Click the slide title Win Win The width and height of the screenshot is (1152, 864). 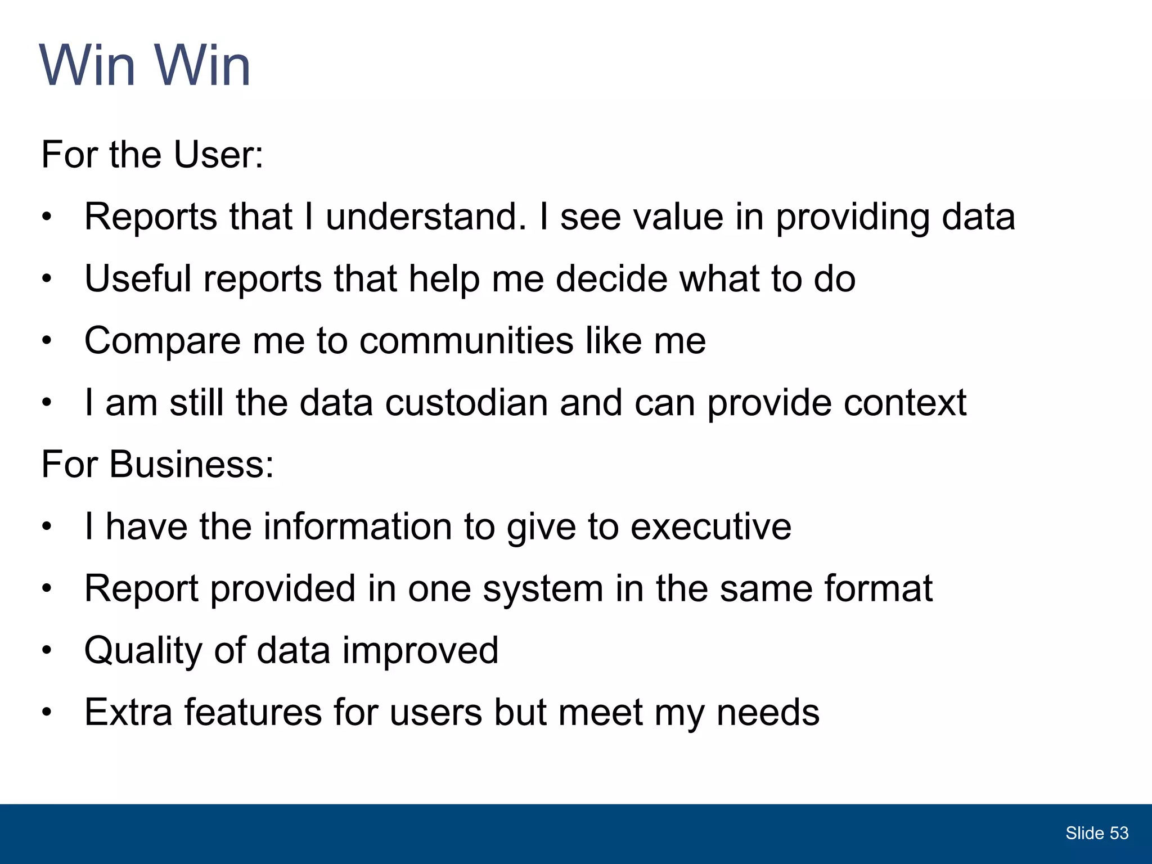(x=145, y=66)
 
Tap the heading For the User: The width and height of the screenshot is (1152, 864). (x=152, y=155)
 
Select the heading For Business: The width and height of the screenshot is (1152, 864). (x=157, y=465)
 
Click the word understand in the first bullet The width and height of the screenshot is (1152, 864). (x=426, y=217)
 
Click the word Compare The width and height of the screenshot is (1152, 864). (x=162, y=341)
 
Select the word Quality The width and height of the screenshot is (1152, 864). (x=143, y=651)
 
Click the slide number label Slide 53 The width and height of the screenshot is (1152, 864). (x=1096, y=833)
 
